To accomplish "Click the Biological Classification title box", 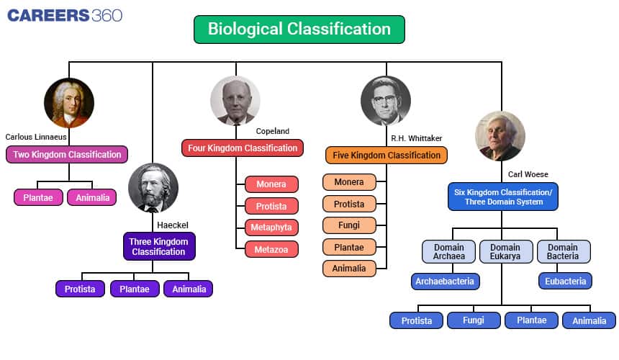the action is pyautogui.click(x=299, y=30).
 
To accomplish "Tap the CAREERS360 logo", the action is pyautogui.click(x=65, y=15).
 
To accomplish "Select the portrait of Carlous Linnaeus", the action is pyautogui.click(x=69, y=103).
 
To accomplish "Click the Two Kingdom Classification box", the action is pyautogui.click(x=67, y=154).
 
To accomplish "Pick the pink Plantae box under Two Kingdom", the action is pyautogui.click(x=38, y=197).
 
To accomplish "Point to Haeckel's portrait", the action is pyautogui.click(x=153, y=188).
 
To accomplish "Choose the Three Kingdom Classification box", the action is pyautogui.click(x=159, y=247).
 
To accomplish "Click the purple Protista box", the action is pyautogui.click(x=80, y=289).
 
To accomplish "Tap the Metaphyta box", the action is pyautogui.click(x=271, y=228).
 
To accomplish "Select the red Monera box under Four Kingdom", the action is pyautogui.click(x=271, y=184).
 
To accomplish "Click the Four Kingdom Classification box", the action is pyautogui.click(x=243, y=148).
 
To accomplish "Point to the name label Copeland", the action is pyautogui.click(x=272, y=131).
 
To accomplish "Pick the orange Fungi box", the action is pyautogui.click(x=349, y=225).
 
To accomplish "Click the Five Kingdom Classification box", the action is pyautogui.click(x=386, y=155).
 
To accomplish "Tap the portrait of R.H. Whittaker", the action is pyautogui.click(x=386, y=101).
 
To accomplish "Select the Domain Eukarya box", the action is pyautogui.click(x=506, y=251).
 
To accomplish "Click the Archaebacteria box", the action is pyautogui.click(x=445, y=282).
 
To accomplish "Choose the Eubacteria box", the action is pyautogui.click(x=565, y=281).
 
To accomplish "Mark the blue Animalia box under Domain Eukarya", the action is pyautogui.click(x=589, y=320).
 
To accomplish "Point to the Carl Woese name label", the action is pyautogui.click(x=528, y=174).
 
